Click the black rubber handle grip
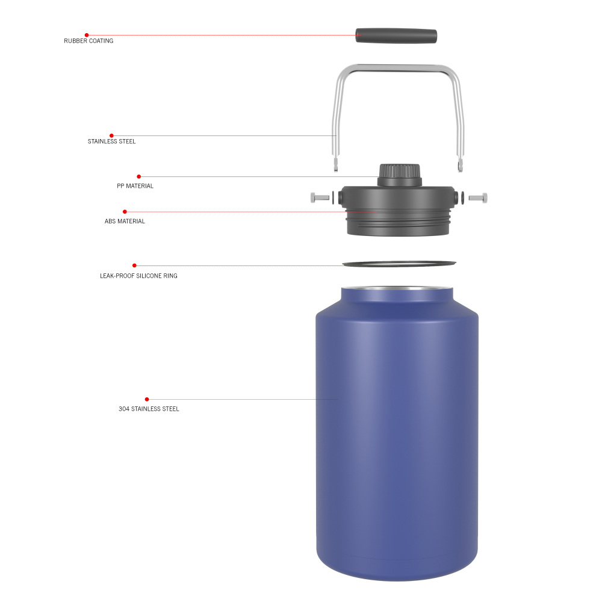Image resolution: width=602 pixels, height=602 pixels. tap(396, 35)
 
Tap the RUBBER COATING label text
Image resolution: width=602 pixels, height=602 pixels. tap(88, 41)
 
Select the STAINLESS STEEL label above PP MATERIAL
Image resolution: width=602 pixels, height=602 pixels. tap(111, 141)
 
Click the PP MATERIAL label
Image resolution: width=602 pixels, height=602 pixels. tap(135, 186)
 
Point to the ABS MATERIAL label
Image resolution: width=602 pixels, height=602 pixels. tap(125, 221)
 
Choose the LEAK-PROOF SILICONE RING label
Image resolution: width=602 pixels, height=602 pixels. tap(138, 276)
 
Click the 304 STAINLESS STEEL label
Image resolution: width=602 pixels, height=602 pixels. tap(149, 409)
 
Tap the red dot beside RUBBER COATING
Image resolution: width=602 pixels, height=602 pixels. tap(87, 35)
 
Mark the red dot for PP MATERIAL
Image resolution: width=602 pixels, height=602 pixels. tap(138, 176)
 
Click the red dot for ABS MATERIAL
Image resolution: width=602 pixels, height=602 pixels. tap(125, 211)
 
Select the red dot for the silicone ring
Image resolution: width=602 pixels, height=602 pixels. tap(134, 265)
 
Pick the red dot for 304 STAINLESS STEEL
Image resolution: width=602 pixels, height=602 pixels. tap(147, 399)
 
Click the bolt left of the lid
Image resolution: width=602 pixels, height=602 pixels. tap(320, 197)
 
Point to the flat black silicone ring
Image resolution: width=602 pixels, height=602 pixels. tap(399, 263)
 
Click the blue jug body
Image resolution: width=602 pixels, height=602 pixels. tap(397, 433)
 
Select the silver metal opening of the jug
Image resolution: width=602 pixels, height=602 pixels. tap(397, 289)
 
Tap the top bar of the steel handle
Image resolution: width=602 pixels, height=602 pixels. tap(398, 67)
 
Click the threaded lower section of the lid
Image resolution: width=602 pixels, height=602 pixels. tap(398, 224)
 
